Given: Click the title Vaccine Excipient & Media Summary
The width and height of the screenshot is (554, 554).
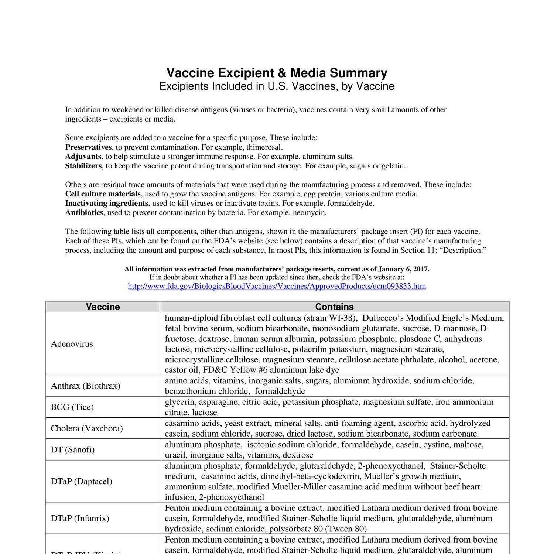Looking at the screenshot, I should pyautogui.click(x=277, y=73).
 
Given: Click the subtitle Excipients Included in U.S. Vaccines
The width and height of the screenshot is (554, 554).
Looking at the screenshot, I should pyautogui.click(x=277, y=86).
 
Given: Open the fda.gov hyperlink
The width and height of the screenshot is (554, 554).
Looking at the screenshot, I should pyautogui.click(x=277, y=286).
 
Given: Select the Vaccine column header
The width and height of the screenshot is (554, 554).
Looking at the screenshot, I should pyautogui.click(x=103, y=307).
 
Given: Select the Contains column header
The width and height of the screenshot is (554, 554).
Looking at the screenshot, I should pyautogui.click(x=334, y=307).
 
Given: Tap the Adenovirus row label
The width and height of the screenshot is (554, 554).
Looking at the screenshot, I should pyautogui.click(x=72, y=344).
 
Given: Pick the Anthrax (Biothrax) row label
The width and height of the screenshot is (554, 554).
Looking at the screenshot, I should pyautogui.click(x=86, y=386).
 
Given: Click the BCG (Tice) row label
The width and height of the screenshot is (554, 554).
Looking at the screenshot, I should pyautogui.click(x=72, y=407).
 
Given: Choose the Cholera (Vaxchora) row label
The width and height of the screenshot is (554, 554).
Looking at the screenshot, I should pyautogui.click(x=87, y=428).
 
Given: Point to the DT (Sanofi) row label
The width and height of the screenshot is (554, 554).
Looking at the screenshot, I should pyautogui.click(x=73, y=449).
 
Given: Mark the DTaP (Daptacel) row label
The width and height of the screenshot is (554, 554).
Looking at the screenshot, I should pyautogui.click(x=82, y=481).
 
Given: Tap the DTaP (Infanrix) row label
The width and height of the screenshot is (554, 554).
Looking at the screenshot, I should pyautogui.click(x=80, y=518).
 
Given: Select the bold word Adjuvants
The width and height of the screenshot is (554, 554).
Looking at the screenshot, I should pyautogui.click(x=83, y=157).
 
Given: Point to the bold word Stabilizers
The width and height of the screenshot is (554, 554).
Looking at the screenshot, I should pyautogui.click(x=83, y=166).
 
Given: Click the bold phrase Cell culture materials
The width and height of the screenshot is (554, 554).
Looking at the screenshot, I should pyautogui.click(x=103, y=194).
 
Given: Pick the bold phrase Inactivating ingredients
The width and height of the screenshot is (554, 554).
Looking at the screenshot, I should pyautogui.click(x=107, y=203).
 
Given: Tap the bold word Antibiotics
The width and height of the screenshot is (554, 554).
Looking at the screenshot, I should pyautogui.click(x=85, y=213).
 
